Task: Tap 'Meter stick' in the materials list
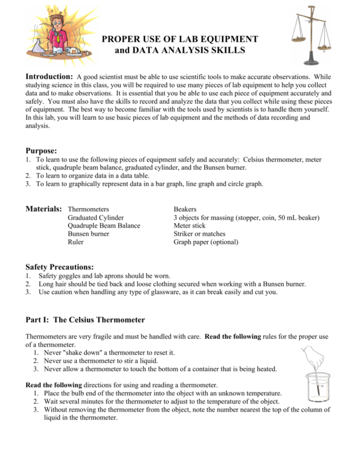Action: (x=189, y=226)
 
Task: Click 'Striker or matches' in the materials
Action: (x=199, y=234)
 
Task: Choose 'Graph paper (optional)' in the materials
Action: (x=206, y=242)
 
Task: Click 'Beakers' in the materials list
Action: (x=185, y=209)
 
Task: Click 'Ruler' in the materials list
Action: (x=76, y=242)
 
